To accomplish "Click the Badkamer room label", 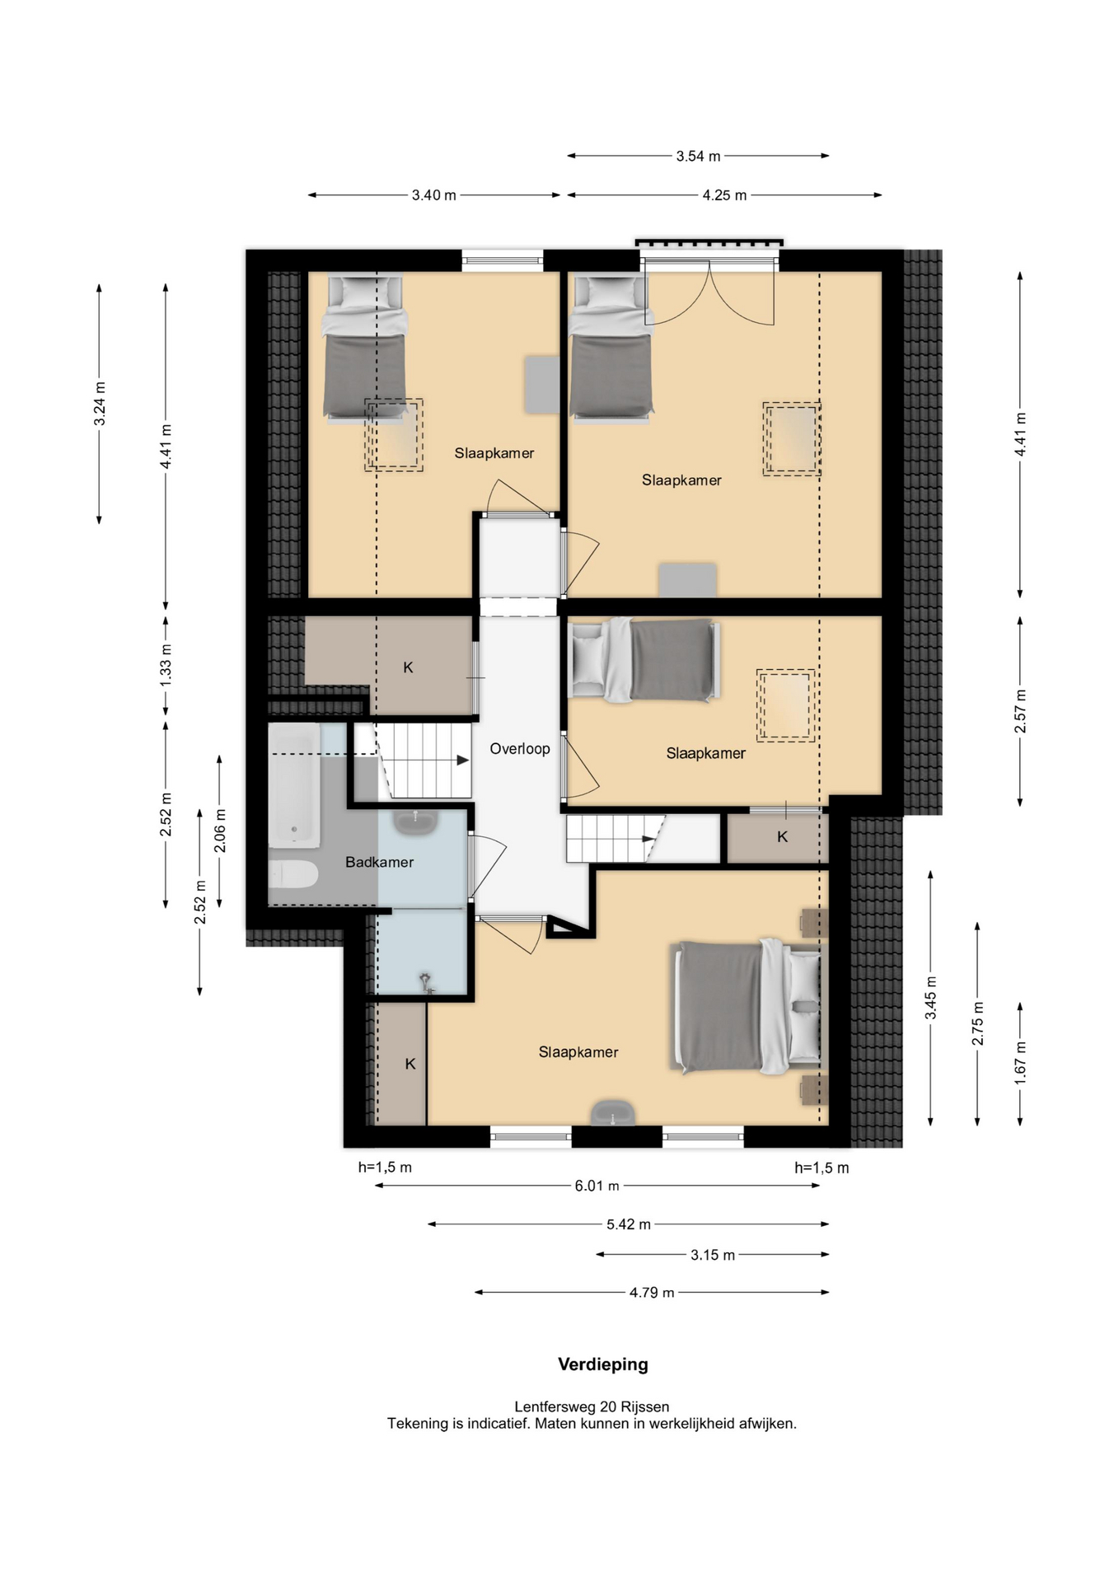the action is tap(379, 862).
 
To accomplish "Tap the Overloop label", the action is tap(520, 748).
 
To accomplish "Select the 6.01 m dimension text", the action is tap(597, 1186).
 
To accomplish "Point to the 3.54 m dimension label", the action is tap(698, 156).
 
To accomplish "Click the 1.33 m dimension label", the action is tap(166, 666).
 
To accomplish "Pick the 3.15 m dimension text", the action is tap(713, 1255).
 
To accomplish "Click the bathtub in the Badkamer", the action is tap(294, 784).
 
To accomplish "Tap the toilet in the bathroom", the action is tap(293, 874).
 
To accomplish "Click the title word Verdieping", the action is tap(603, 1364).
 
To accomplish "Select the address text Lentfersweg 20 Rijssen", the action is tap(592, 1406).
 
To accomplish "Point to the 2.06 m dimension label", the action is tap(219, 831).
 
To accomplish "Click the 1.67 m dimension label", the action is tap(1020, 1062).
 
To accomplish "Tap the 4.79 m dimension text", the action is tap(652, 1293).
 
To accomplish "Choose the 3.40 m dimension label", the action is tap(433, 195).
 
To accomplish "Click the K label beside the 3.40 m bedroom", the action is tap(408, 667).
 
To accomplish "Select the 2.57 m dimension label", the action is tap(1020, 711).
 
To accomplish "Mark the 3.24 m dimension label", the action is tap(99, 404).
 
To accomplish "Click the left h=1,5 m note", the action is tap(385, 1167).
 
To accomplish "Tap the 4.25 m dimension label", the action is tap(724, 195).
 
